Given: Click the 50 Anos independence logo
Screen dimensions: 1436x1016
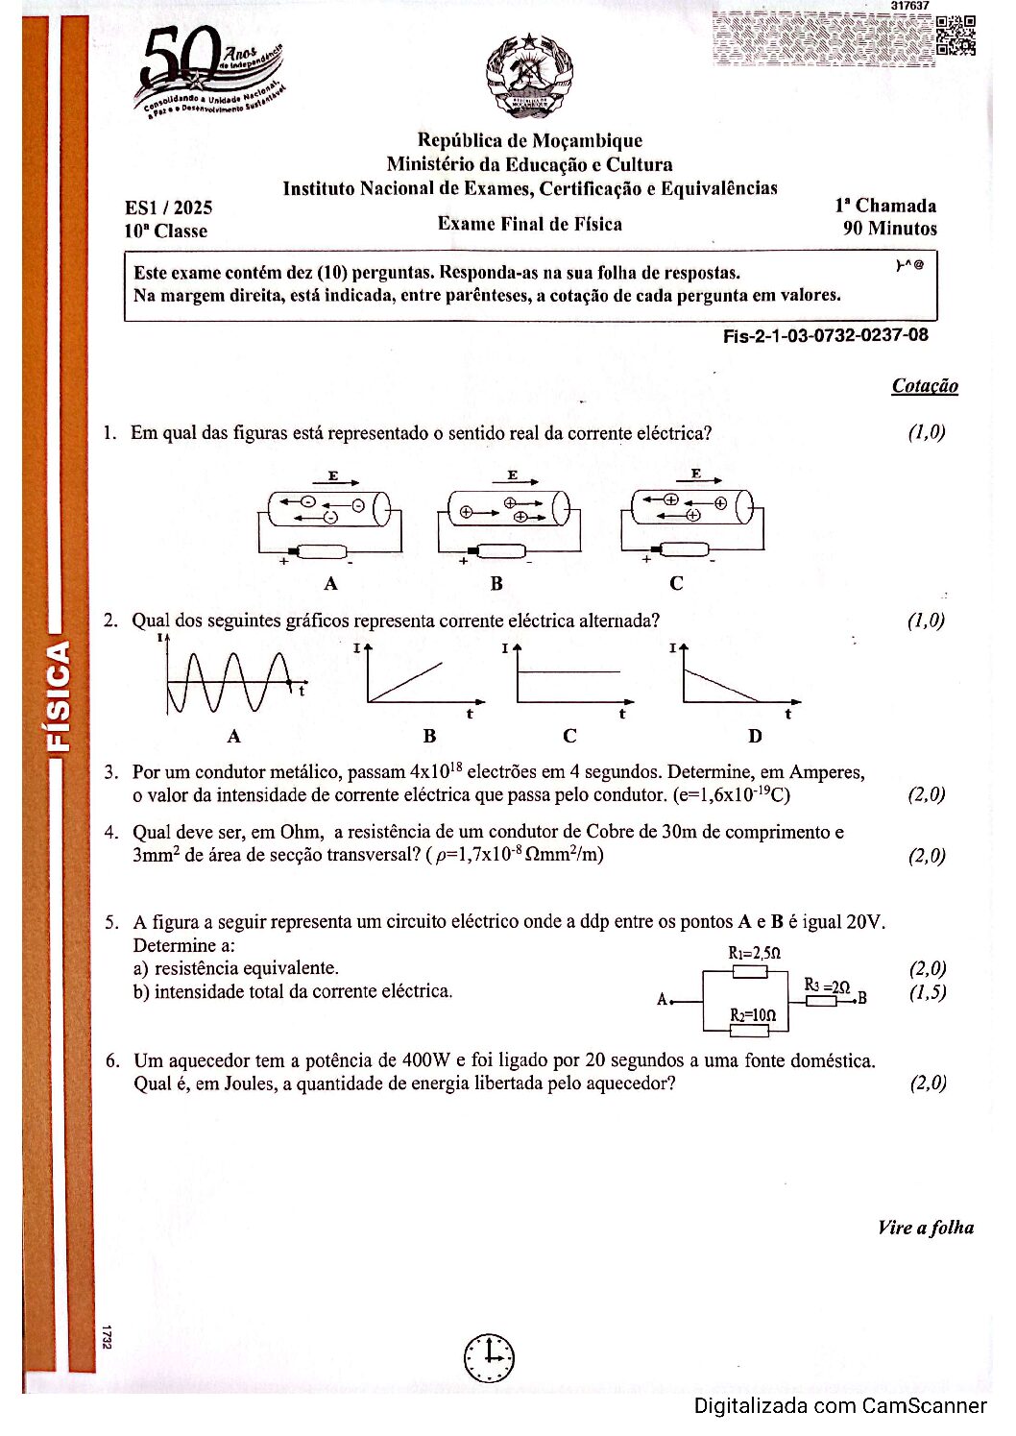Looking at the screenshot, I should click(x=208, y=77).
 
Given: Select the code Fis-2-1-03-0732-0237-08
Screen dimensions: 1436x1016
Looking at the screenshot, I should click(x=825, y=335).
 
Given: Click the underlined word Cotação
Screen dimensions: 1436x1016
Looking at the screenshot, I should click(x=924, y=386).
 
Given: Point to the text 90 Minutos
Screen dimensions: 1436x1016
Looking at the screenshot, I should click(x=889, y=229).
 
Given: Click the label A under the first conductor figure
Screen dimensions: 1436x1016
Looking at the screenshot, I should click(x=330, y=583).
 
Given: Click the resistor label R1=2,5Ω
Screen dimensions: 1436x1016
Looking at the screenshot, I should click(x=754, y=953).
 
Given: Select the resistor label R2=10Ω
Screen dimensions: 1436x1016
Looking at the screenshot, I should click(x=752, y=1015).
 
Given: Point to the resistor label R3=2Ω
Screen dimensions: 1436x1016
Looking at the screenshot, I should click(x=826, y=986).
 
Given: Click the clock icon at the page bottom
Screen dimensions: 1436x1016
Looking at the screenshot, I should click(x=489, y=1357).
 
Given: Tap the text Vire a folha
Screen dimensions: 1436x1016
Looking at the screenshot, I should click(x=925, y=1228).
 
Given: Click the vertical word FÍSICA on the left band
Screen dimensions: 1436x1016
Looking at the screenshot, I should click(x=60, y=695).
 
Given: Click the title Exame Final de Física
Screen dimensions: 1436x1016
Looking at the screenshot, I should click(x=529, y=224).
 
